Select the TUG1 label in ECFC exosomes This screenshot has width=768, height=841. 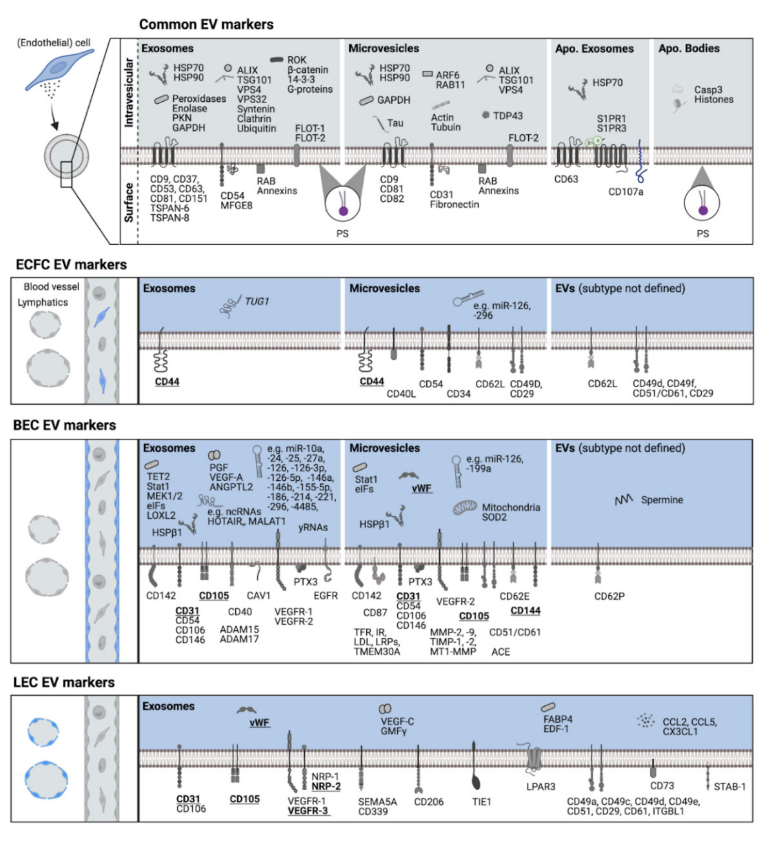pos(257,301)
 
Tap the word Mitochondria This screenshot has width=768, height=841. pos(511,508)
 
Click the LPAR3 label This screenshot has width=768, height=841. pos(541,787)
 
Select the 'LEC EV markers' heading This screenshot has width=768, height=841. pos(64,683)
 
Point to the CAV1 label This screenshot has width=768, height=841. pos(259,596)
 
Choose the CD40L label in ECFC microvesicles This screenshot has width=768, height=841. pos(401,394)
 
